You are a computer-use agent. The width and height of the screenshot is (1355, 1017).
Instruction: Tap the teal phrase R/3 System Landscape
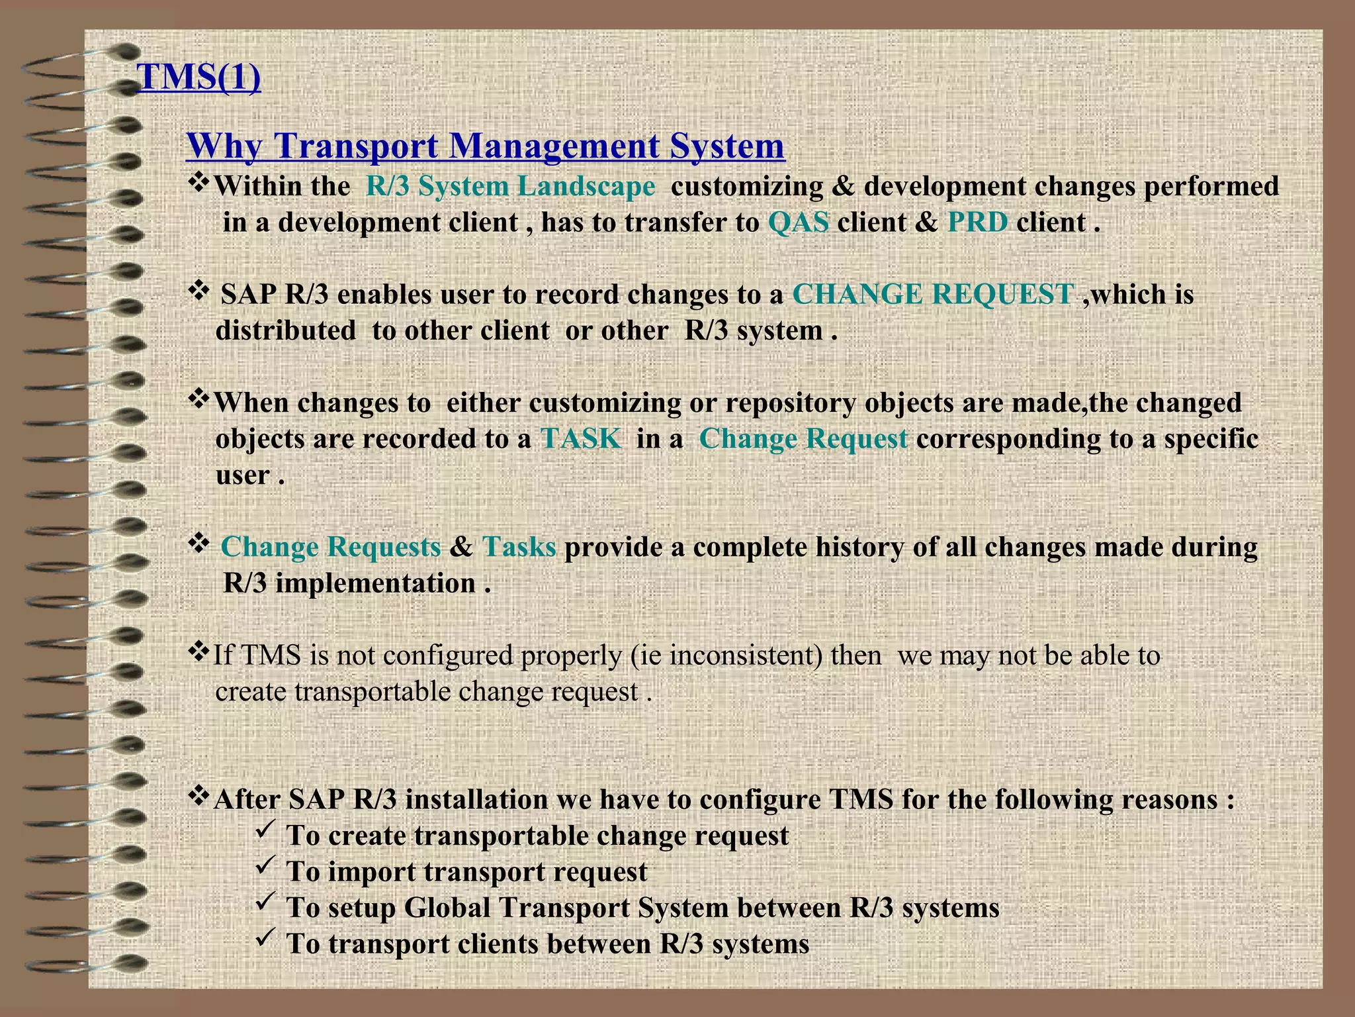[510, 186]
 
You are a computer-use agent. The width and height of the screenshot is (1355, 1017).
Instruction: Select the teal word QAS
[799, 222]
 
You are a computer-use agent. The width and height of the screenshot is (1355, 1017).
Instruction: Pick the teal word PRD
[978, 222]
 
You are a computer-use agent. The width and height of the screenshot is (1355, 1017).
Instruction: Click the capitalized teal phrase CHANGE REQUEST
[933, 294]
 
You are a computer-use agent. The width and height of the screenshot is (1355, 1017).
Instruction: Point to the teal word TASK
[581, 439]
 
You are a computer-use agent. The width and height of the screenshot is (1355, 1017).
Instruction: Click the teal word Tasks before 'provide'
[519, 547]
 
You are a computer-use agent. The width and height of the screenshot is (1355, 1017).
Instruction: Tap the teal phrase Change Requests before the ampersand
[331, 547]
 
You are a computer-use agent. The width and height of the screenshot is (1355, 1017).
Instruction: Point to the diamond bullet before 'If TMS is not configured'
[198, 652]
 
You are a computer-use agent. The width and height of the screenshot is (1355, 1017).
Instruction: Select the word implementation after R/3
[375, 583]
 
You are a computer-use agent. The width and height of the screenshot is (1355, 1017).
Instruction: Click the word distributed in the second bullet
[285, 330]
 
